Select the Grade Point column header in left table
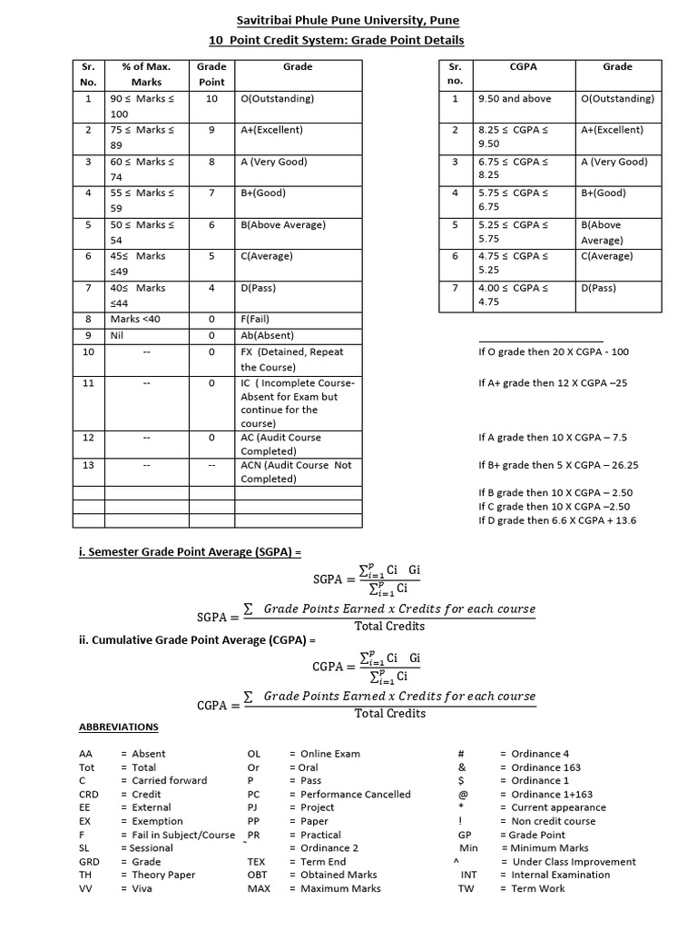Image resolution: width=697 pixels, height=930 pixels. click(211, 74)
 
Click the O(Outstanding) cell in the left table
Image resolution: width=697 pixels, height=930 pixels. click(278, 98)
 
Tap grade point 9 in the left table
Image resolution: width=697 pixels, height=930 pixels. click(211, 130)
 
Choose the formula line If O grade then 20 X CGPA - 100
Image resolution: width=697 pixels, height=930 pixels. click(553, 351)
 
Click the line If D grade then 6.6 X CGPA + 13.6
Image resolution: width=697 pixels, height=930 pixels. click(557, 520)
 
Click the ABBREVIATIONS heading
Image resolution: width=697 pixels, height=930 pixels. click(118, 727)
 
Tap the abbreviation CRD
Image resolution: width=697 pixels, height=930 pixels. click(88, 794)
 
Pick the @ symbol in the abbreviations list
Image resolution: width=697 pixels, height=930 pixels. click(463, 794)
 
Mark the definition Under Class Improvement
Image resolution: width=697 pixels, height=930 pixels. click(574, 862)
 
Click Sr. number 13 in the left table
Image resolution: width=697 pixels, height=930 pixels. click(88, 465)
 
